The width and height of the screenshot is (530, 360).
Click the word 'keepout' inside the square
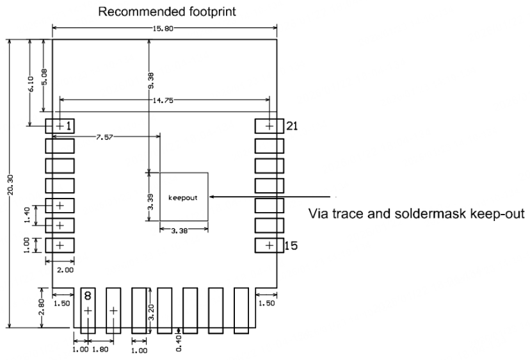click(183, 197)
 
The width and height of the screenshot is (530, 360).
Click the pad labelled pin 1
click(60, 126)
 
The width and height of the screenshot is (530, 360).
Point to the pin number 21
click(292, 126)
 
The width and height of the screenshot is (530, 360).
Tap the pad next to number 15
click(269, 245)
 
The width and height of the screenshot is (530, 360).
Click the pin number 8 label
click(88, 296)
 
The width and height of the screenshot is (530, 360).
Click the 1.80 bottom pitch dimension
click(100, 350)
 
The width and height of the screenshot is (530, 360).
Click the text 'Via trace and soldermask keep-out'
click(416, 214)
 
